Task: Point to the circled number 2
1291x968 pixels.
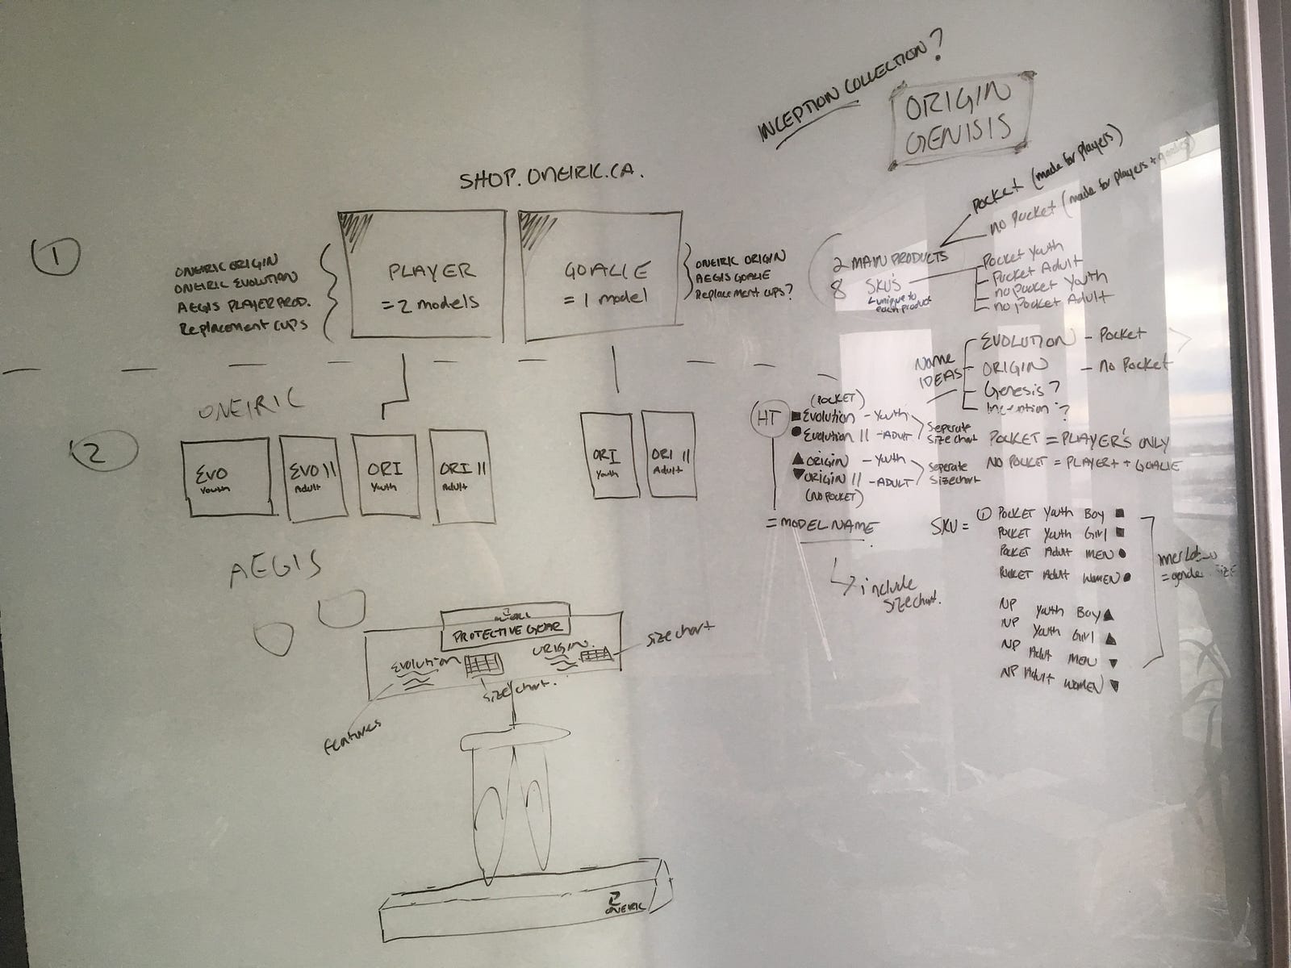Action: (x=95, y=453)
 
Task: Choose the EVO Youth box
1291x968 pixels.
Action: (x=225, y=477)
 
